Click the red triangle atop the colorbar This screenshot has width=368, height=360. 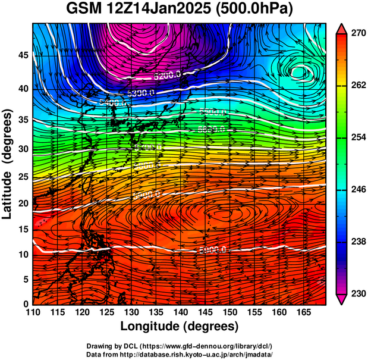[x=341, y=29]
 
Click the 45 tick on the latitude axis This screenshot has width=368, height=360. [x=23, y=55]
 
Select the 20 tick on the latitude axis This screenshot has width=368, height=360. [x=23, y=204]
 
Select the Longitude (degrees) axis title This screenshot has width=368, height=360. [x=180, y=326]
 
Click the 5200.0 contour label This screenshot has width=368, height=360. [x=168, y=76]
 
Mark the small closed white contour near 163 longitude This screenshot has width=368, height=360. [x=301, y=71]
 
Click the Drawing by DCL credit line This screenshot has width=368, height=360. [x=180, y=346]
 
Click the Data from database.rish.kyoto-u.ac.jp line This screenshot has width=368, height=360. [x=180, y=354]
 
